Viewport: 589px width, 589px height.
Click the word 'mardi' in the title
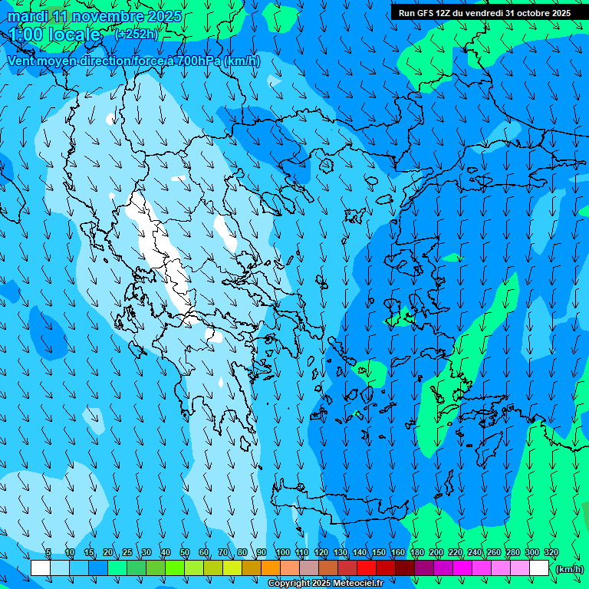(25, 16)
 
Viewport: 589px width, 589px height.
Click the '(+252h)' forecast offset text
(137, 34)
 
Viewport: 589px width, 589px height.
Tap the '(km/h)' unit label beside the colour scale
(569, 569)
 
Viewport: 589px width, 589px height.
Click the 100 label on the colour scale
(282, 553)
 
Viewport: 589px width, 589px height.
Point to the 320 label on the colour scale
(551, 553)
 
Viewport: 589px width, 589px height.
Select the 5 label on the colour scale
(48, 553)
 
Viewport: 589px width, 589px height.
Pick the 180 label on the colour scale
(416, 553)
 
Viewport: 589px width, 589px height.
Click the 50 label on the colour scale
(185, 553)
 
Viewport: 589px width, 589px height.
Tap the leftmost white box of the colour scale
(41, 568)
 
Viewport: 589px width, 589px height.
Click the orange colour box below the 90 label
(271, 568)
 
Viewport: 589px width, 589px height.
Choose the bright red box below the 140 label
(367, 568)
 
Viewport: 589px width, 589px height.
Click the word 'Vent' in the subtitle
(22, 61)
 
